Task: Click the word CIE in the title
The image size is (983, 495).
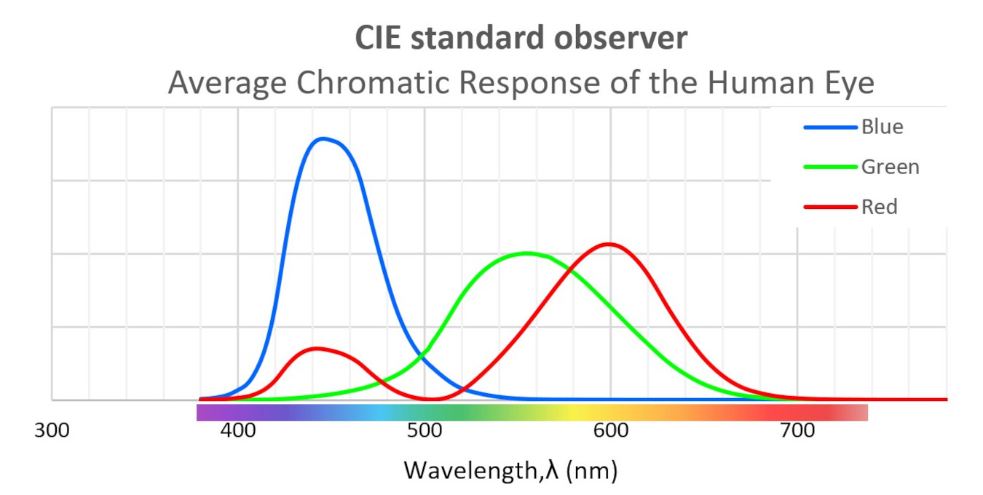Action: (x=379, y=39)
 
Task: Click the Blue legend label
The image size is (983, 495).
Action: (x=882, y=127)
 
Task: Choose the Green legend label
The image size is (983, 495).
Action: (x=890, y=167)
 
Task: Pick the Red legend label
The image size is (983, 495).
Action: (x=879, y=207)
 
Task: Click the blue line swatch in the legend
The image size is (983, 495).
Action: (x=830, y=127)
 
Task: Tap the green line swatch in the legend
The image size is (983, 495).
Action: (x=830, y=167)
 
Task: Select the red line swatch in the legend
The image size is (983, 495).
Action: (x=830, y=207)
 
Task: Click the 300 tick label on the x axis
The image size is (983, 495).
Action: (x=52, y=430)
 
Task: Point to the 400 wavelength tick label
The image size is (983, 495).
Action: (x=238, y=430)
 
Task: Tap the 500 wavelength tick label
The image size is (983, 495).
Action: (x=425, y=430)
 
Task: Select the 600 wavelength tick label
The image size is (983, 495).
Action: (x=611, y=430)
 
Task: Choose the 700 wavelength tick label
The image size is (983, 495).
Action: (x=797, y=430)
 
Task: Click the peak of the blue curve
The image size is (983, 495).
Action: (x=323, y=138)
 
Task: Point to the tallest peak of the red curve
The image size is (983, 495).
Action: (x=608, y=244)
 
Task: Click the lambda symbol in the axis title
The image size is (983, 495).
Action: (x=553, y=470)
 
